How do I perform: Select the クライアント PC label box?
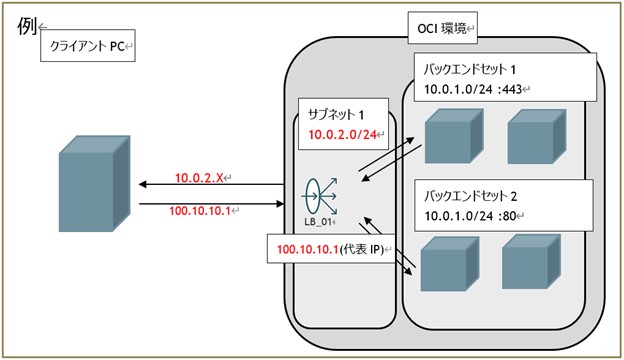pos(88,46)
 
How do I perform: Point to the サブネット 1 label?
pos(334,113)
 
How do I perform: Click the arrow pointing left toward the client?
pos(210,185)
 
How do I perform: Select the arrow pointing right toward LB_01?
pos(210,202)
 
